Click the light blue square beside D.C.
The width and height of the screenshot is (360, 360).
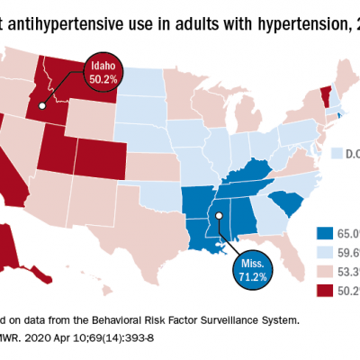coord(337,154)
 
